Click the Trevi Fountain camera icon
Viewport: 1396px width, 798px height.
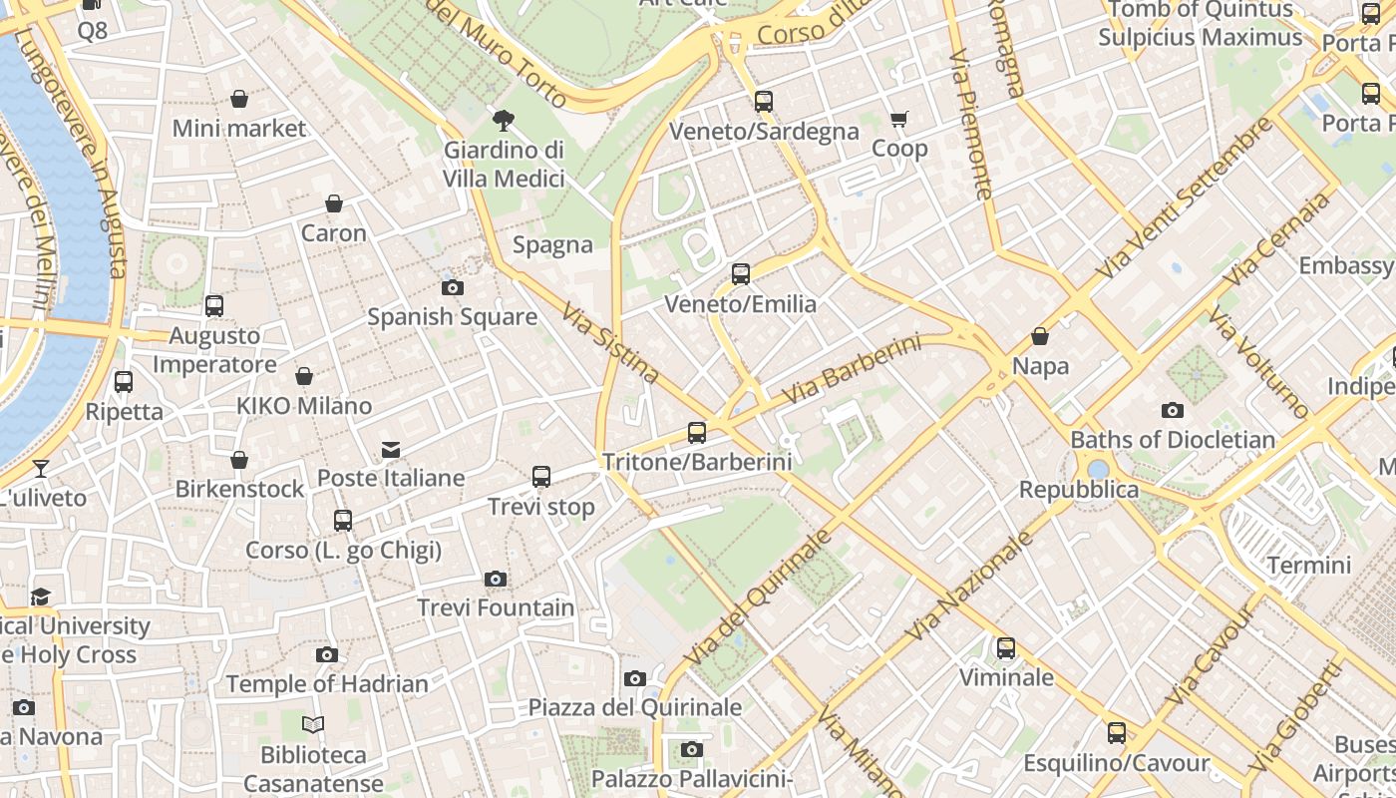pyautogui.click(x=496, y=579)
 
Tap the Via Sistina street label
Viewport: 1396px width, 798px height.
pyautogui.click(x=610, y=344)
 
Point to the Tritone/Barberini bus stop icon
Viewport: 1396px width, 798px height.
pyautogui.click(x=697, y=433)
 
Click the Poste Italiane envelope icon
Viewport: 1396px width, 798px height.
pyautogui.click(x=391, y=450)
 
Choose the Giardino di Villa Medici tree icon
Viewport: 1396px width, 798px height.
pyautogui.click(x=504, y=121)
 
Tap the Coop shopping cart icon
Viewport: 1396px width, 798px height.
pyautogui.click(x=899, y=120)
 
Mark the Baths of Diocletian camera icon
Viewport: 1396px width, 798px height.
pyautogui.click(x=1173, y=410)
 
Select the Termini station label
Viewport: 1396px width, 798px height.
pyautogui.click(x=1308, y=566)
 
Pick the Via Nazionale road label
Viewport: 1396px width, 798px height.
pyautogui.click(x=969, y=587)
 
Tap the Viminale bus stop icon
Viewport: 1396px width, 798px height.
pyautogui.click(x=1006, y=648)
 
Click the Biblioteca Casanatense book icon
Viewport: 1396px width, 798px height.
pyautogui.click(x=313, y=725)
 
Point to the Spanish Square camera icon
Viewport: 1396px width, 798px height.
pyautogui.click(x=452, y=288)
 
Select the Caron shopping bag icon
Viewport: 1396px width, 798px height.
pyautogui.click(x=334, y=203)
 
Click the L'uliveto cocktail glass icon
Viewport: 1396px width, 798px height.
pyautogui.click(x=41, y=468)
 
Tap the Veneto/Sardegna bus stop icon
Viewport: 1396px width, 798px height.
pyautogui.click(x=764, y=102)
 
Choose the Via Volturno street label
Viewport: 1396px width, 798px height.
pyautogui.click(x=1258, y=363)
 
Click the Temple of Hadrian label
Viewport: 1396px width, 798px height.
pyautogui.click(x=327, y=684)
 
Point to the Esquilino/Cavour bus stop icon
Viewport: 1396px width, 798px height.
pyautogui.click(x=1117, y=733)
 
